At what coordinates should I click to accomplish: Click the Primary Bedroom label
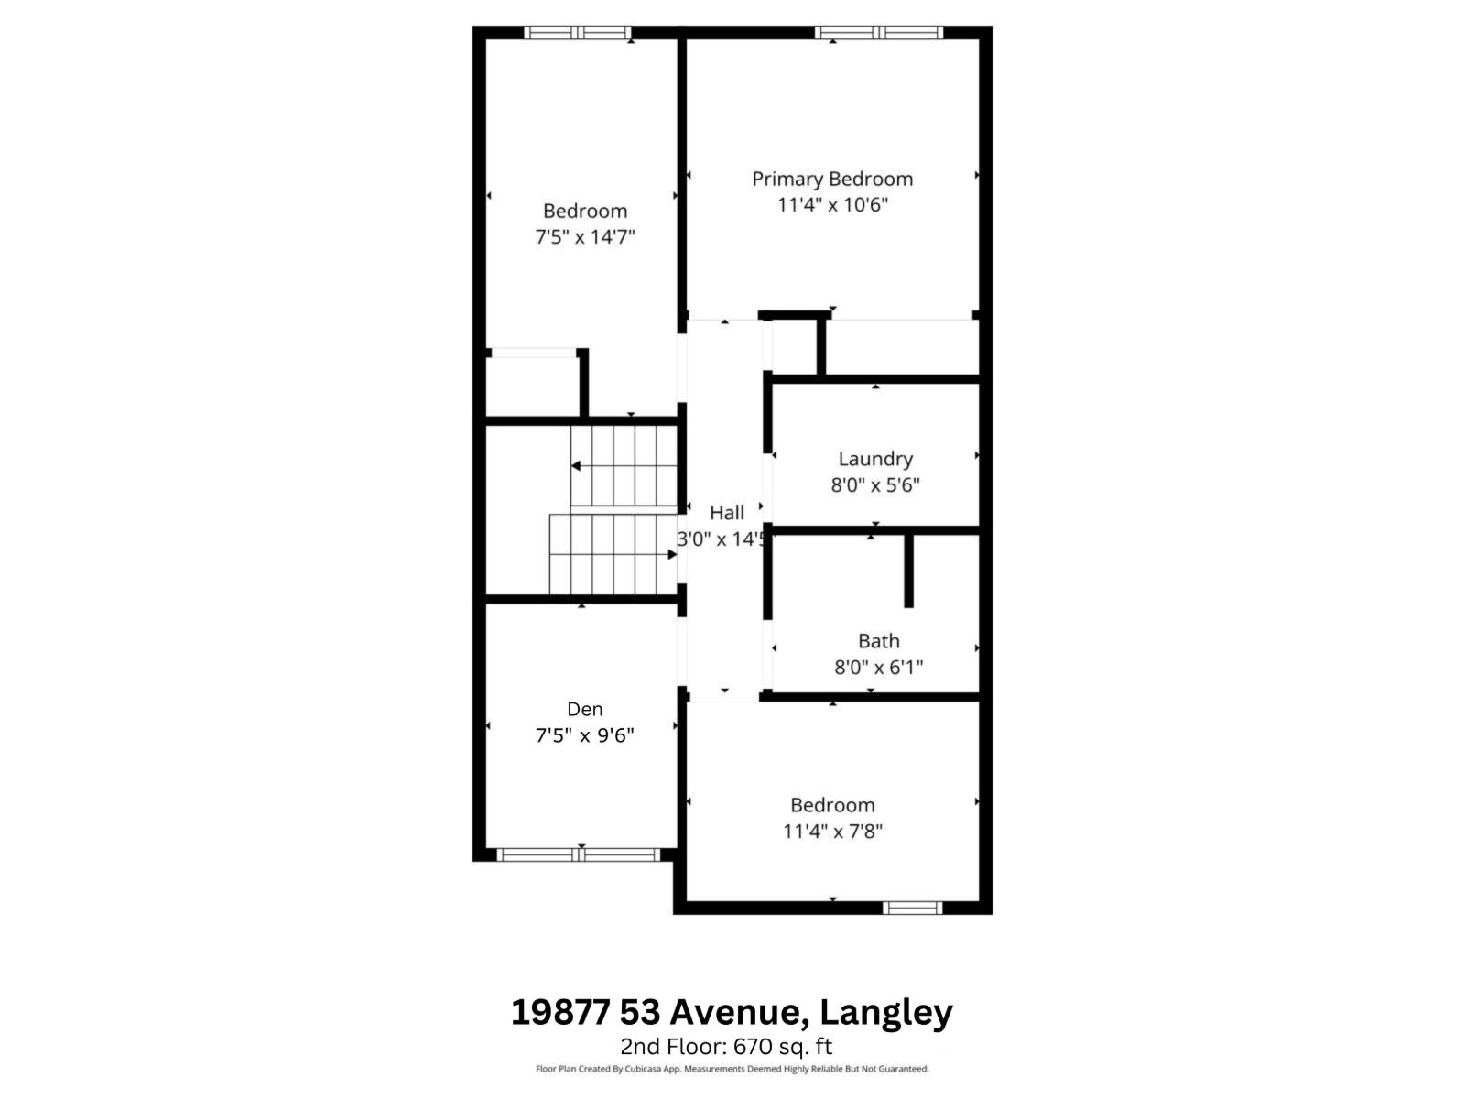click(832, 179)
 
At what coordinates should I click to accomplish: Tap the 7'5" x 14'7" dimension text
click(585, 237)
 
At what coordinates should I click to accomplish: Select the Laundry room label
click(875, 459)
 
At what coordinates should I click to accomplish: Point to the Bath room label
click(878, 641)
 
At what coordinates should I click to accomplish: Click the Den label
click(585, 709)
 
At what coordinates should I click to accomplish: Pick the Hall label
click(727, 513)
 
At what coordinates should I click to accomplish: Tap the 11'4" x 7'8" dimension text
click(832, 832)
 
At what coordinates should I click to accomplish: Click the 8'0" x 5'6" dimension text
click(875, 484)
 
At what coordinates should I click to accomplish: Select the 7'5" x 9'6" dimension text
click(585, 734)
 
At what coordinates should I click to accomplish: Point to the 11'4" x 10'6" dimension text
click(832, 204)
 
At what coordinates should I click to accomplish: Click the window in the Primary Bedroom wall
click(878, 33)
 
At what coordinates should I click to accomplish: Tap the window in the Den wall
click(578, 854)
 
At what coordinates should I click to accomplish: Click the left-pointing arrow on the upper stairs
click(576, 466)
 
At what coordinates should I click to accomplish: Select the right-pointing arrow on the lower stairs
click(671, 554)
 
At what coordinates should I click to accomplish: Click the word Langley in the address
click(885, 1013)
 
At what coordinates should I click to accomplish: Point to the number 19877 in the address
click(560, 1013)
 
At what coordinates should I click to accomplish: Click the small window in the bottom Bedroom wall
click(912, 908)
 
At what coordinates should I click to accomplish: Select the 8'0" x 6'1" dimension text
click(878, 667)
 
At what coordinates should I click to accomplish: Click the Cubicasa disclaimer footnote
click(732, 1069)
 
